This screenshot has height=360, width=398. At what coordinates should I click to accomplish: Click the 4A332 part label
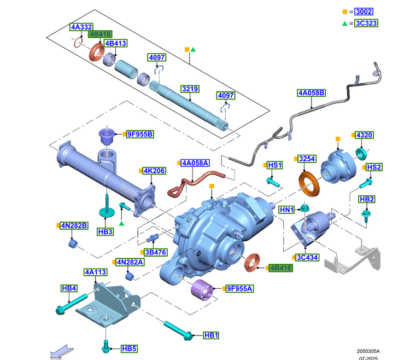(81, 26)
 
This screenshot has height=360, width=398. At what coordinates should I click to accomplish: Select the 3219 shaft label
(190, 89)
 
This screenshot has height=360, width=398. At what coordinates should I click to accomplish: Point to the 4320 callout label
(364, 135)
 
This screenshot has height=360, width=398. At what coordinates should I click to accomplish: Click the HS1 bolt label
(274, 165)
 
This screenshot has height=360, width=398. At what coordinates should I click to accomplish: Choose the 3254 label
(307, 159)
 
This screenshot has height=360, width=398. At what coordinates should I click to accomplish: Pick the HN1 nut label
(286, 210)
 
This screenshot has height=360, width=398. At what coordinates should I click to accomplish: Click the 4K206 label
(154, 171)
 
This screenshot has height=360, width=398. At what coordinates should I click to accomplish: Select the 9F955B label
(139, 134)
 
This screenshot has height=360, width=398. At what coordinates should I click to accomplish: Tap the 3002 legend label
(363, 11)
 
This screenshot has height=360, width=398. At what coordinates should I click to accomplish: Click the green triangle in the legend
(344, 23)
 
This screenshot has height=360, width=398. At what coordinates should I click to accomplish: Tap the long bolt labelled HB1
(178, 329)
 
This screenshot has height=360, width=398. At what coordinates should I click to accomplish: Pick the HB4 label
(69, 288)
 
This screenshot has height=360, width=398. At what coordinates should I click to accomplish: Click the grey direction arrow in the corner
(61, 352)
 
